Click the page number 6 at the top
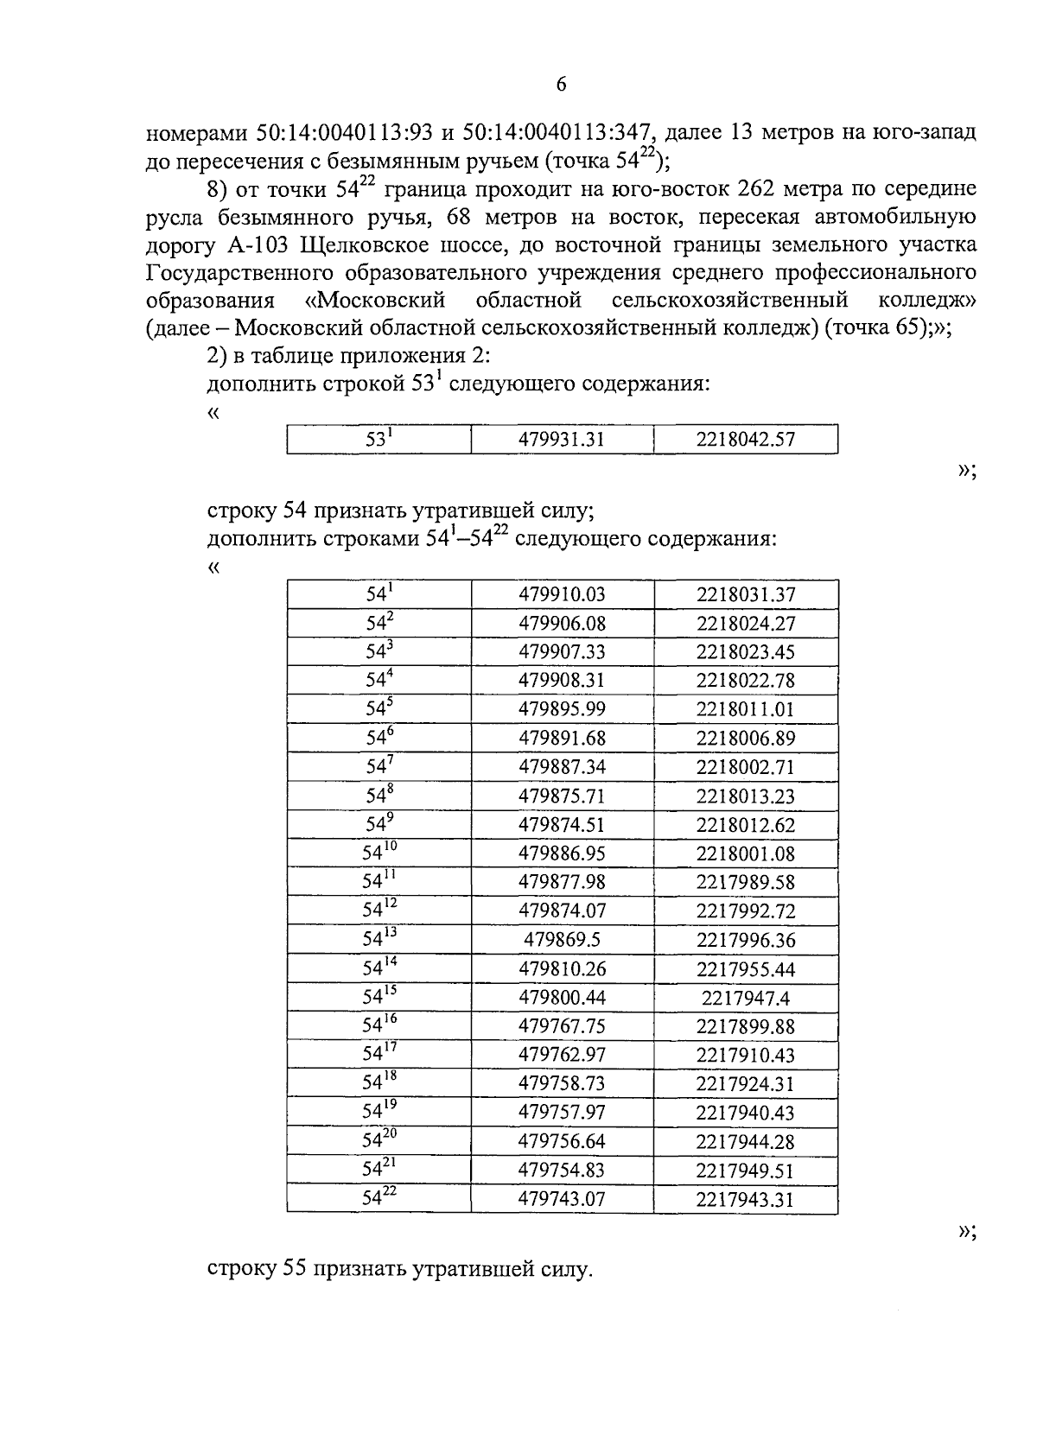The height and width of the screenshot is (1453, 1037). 561,84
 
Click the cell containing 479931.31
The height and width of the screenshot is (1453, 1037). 562,440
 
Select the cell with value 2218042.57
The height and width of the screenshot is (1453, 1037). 745,440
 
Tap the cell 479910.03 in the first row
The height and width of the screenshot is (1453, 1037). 562,594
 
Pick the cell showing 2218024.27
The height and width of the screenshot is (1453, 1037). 745,624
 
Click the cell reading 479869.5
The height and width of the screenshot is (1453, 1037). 562,940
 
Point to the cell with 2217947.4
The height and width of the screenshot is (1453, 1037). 745,998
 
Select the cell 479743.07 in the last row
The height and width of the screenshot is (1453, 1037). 562,1199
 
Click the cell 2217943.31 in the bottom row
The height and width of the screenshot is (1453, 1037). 745,1199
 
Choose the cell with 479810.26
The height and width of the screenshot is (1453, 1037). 562,969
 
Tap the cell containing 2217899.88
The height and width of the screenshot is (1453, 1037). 745,1026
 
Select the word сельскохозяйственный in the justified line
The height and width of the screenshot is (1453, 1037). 728,301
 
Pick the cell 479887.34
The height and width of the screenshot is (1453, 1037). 562,767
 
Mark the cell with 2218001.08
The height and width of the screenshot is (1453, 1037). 745,853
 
